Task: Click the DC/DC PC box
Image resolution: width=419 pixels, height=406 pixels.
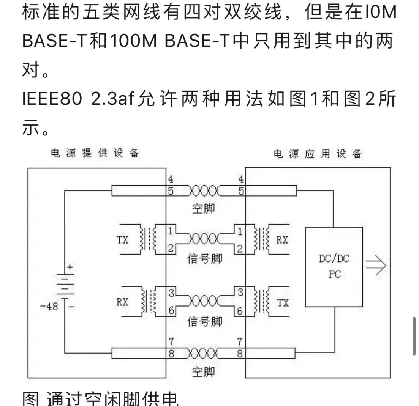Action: [x=334, y=266]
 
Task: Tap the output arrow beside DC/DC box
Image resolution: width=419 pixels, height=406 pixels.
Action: [x=376, y=265]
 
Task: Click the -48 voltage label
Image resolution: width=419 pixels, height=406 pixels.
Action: [x=49, y=307]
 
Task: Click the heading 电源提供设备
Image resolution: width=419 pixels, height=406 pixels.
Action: [x=95, y=154]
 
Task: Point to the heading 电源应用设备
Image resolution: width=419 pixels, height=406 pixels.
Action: [x=318, y=154]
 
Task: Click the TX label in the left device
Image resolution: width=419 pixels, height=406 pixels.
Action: [x=123, y=240]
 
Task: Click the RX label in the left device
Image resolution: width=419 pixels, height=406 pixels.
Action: [x=122, y=302]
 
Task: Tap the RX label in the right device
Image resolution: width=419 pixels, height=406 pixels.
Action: [x=282, y=240]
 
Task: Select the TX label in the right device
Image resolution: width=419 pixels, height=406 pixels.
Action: [x=283, y=302]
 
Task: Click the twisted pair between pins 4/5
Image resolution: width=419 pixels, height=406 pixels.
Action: [x=204, y=190]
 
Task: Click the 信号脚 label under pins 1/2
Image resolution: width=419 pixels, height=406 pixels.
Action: [x=205, y=259]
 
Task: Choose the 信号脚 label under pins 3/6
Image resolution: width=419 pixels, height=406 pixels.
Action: [x=205, y=322]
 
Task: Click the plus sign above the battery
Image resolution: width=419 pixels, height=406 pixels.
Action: [x=70, y=267]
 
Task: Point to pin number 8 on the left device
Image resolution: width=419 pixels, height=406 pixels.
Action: [x=171, y=354]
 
